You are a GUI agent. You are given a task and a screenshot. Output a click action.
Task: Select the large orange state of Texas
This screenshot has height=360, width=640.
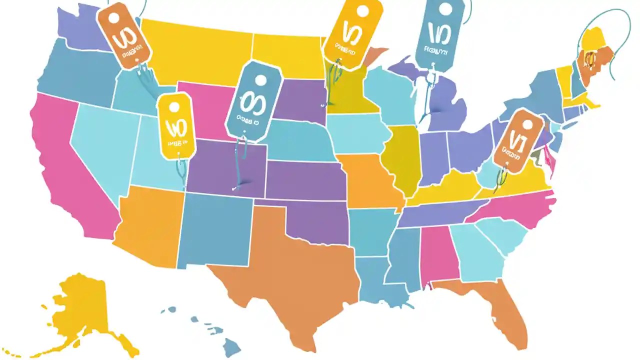click(295, 270)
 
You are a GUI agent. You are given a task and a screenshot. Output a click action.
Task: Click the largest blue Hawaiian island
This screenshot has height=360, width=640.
click(232, 345)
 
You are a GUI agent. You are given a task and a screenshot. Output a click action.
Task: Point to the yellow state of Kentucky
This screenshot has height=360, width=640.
click(450, 187)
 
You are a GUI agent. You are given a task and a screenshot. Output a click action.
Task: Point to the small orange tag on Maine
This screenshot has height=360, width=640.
click(590, 60)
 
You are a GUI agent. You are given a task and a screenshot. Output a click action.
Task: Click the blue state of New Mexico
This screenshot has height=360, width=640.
click(215, 230)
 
